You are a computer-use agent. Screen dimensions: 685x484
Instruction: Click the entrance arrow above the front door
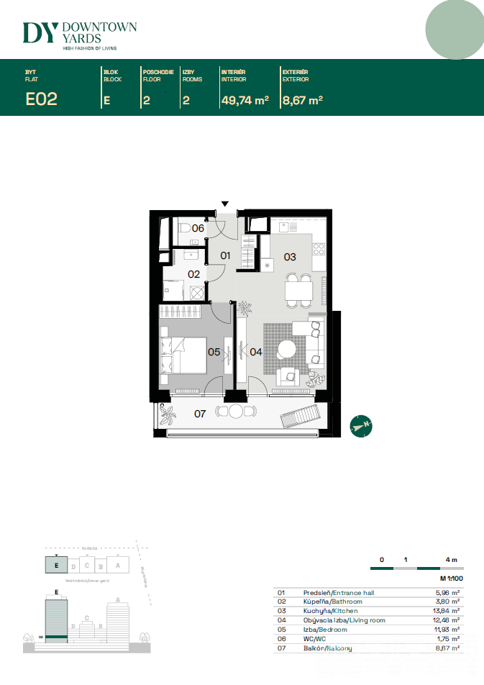tap(225, 204)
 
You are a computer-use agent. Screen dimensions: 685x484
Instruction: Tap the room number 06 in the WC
tap(198, 228)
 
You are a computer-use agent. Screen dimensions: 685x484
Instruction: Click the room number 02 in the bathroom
tap(194, 274)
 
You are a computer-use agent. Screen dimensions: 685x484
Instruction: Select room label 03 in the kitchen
tap(290, 257)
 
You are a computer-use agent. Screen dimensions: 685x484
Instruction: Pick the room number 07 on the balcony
tap(200, 413)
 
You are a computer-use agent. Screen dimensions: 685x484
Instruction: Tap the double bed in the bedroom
tap(184, 353)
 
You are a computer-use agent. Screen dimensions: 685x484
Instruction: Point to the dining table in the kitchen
tap(299, 290)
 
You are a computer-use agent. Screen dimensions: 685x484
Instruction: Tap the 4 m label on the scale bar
tap(451, 559)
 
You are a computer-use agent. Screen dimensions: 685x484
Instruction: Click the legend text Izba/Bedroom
tap(325, 630)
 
